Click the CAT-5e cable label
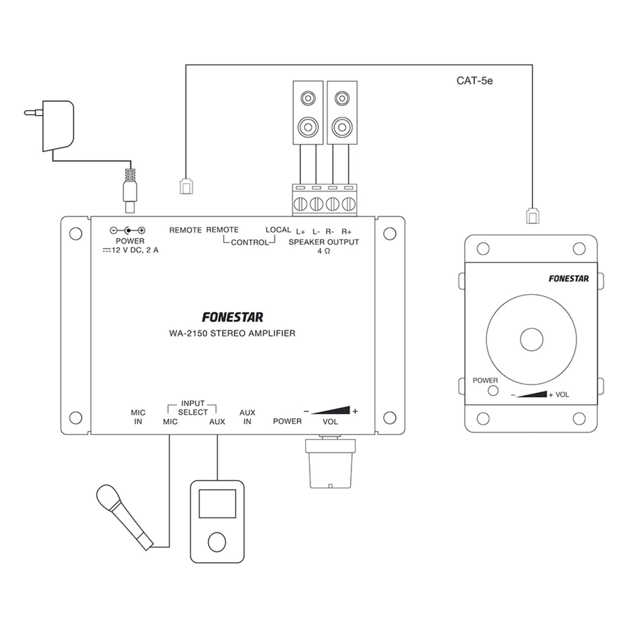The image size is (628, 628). tap(474, 81)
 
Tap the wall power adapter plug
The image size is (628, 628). tap(58, 126)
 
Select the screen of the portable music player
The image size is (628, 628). tap(217, 503)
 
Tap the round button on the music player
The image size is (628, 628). tap(217, 542)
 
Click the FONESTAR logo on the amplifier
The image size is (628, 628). tap(232, 317)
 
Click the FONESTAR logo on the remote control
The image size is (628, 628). tap(568, 278)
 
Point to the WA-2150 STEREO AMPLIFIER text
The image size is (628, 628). tap(232, 334)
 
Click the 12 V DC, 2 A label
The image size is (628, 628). tap(135, 250)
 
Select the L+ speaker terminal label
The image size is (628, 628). tap(300, 232)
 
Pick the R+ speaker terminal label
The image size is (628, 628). tap(346, 232)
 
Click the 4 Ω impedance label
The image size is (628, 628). tap(324, 251)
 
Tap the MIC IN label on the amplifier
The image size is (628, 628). tap(138, 417)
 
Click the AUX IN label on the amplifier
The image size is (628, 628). tap(247, 417)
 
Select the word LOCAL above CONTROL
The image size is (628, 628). tap(278, 230)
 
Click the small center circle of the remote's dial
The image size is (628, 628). tap(531, 339)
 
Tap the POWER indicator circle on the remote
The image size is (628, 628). tap(493, 391)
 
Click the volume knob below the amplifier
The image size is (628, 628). tap(330, 464)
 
